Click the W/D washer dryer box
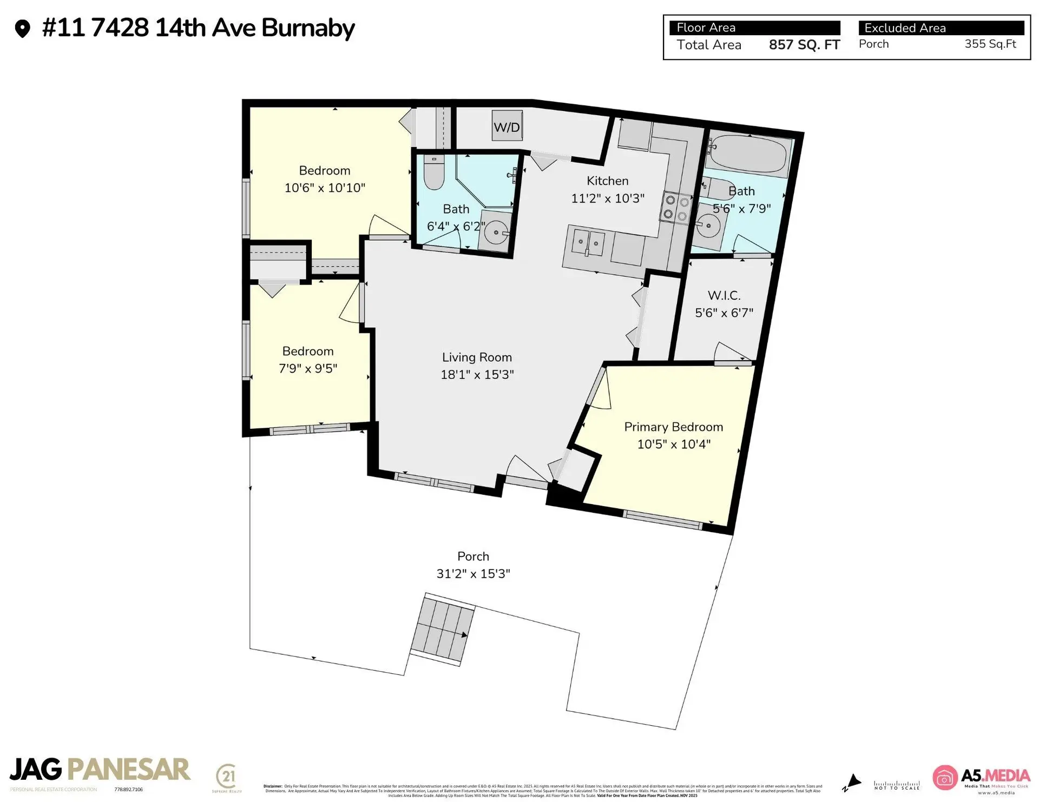pos(507,126)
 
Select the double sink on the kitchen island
pos(588,243)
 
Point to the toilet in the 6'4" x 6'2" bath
pos(433,173)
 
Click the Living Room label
pos(477,357)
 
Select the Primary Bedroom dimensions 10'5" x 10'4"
pos(674,444)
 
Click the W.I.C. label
pos(724,295)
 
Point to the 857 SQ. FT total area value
pos(804,45)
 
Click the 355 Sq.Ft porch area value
pos(990,44)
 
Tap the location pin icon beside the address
pos(22,29)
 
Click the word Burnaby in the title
pos(308,28)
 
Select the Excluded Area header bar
pos(941,28)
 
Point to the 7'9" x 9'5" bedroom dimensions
pos(308,368)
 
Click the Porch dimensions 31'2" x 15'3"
pos(474,574)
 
